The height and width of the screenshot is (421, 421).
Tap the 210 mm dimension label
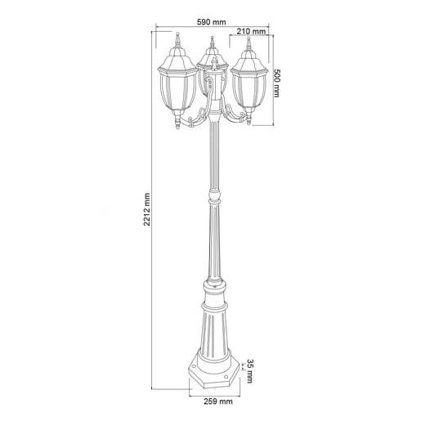252,32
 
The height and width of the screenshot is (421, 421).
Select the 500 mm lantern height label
279,82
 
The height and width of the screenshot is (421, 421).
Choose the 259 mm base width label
216,401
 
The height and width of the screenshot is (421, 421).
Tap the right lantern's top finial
250,42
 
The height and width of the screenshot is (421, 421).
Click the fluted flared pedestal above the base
213,327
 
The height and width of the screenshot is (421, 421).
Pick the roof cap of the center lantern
213,57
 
